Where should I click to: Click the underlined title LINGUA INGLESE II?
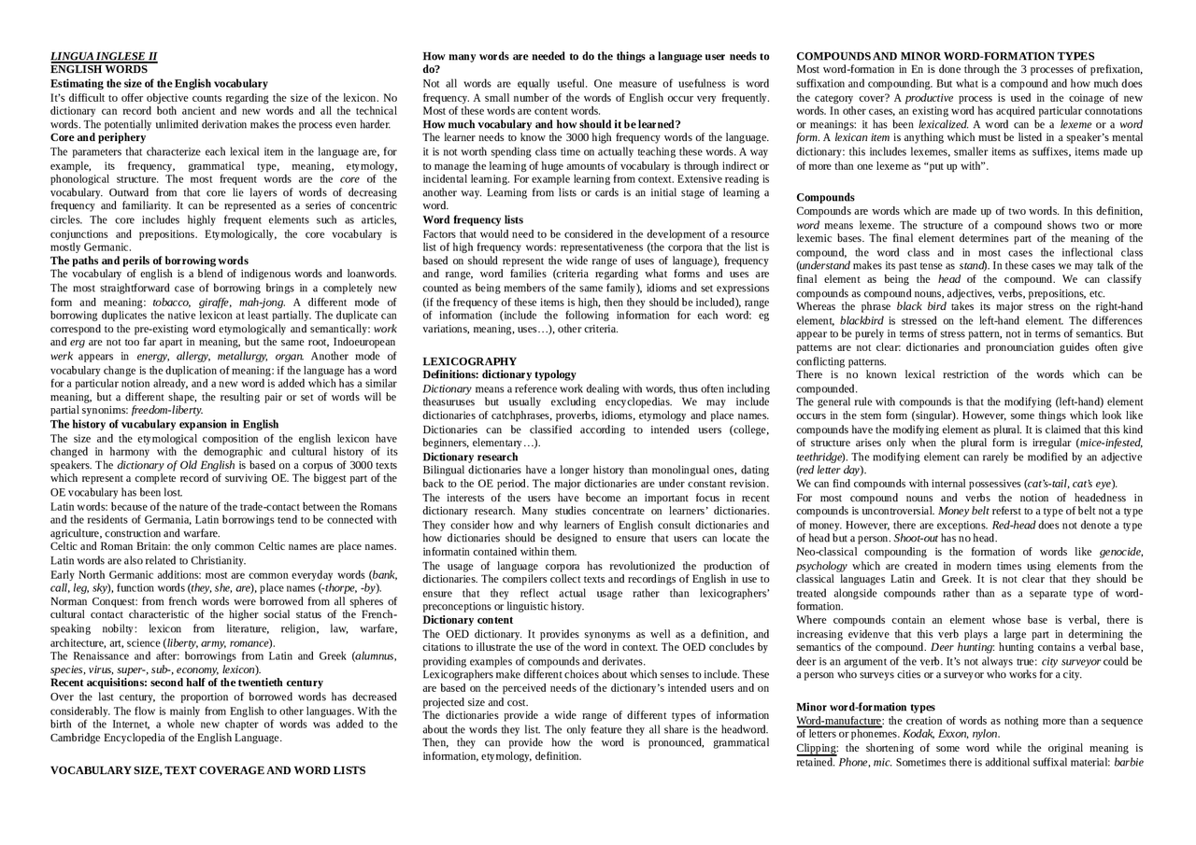104,56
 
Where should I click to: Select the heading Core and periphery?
98,137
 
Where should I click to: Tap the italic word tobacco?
170,302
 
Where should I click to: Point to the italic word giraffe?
214,302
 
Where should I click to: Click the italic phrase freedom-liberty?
167,410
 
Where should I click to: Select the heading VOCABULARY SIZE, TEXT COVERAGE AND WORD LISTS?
207,770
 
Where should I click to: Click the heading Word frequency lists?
473,219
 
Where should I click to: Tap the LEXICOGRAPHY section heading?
469,361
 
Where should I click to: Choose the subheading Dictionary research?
470,457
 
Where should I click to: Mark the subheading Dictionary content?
467,620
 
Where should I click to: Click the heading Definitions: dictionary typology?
499,374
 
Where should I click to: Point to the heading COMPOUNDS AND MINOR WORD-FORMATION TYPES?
945,56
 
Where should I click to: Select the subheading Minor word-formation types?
865,707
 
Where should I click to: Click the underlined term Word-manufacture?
838,721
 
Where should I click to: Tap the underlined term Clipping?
816,748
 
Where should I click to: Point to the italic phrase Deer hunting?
961,647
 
